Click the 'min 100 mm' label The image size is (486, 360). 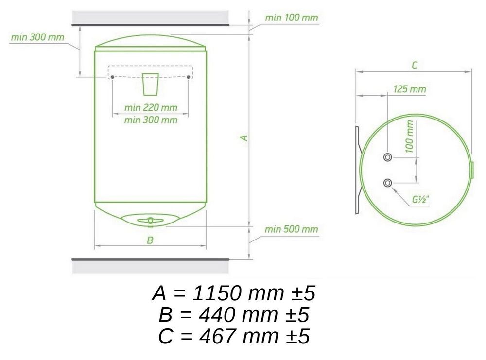(291, 17)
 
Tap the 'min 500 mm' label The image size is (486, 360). (291, 229)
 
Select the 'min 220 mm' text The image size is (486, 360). (151, 107)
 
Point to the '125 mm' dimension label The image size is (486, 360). (409, 89)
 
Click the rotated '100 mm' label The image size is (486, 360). (409, 137)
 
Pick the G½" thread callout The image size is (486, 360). (420, 200)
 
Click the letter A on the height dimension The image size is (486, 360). (244, 137)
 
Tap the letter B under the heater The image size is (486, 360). (150, 240)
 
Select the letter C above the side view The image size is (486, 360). (415, 65)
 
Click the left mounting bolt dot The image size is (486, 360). (112, 77)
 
